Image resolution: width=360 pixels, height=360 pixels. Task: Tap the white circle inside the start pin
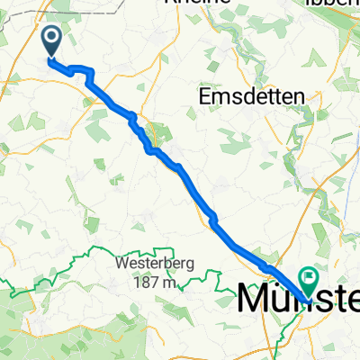[52, 37]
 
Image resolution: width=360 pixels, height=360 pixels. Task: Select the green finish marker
[310, 281]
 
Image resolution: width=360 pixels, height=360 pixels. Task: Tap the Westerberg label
[150, 266]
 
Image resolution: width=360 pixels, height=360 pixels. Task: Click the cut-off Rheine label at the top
[198, 4]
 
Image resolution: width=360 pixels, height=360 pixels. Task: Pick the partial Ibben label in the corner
[341, 4]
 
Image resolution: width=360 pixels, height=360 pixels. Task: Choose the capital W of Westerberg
[121, 266]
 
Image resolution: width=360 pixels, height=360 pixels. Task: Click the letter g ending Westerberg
[181, 268]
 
